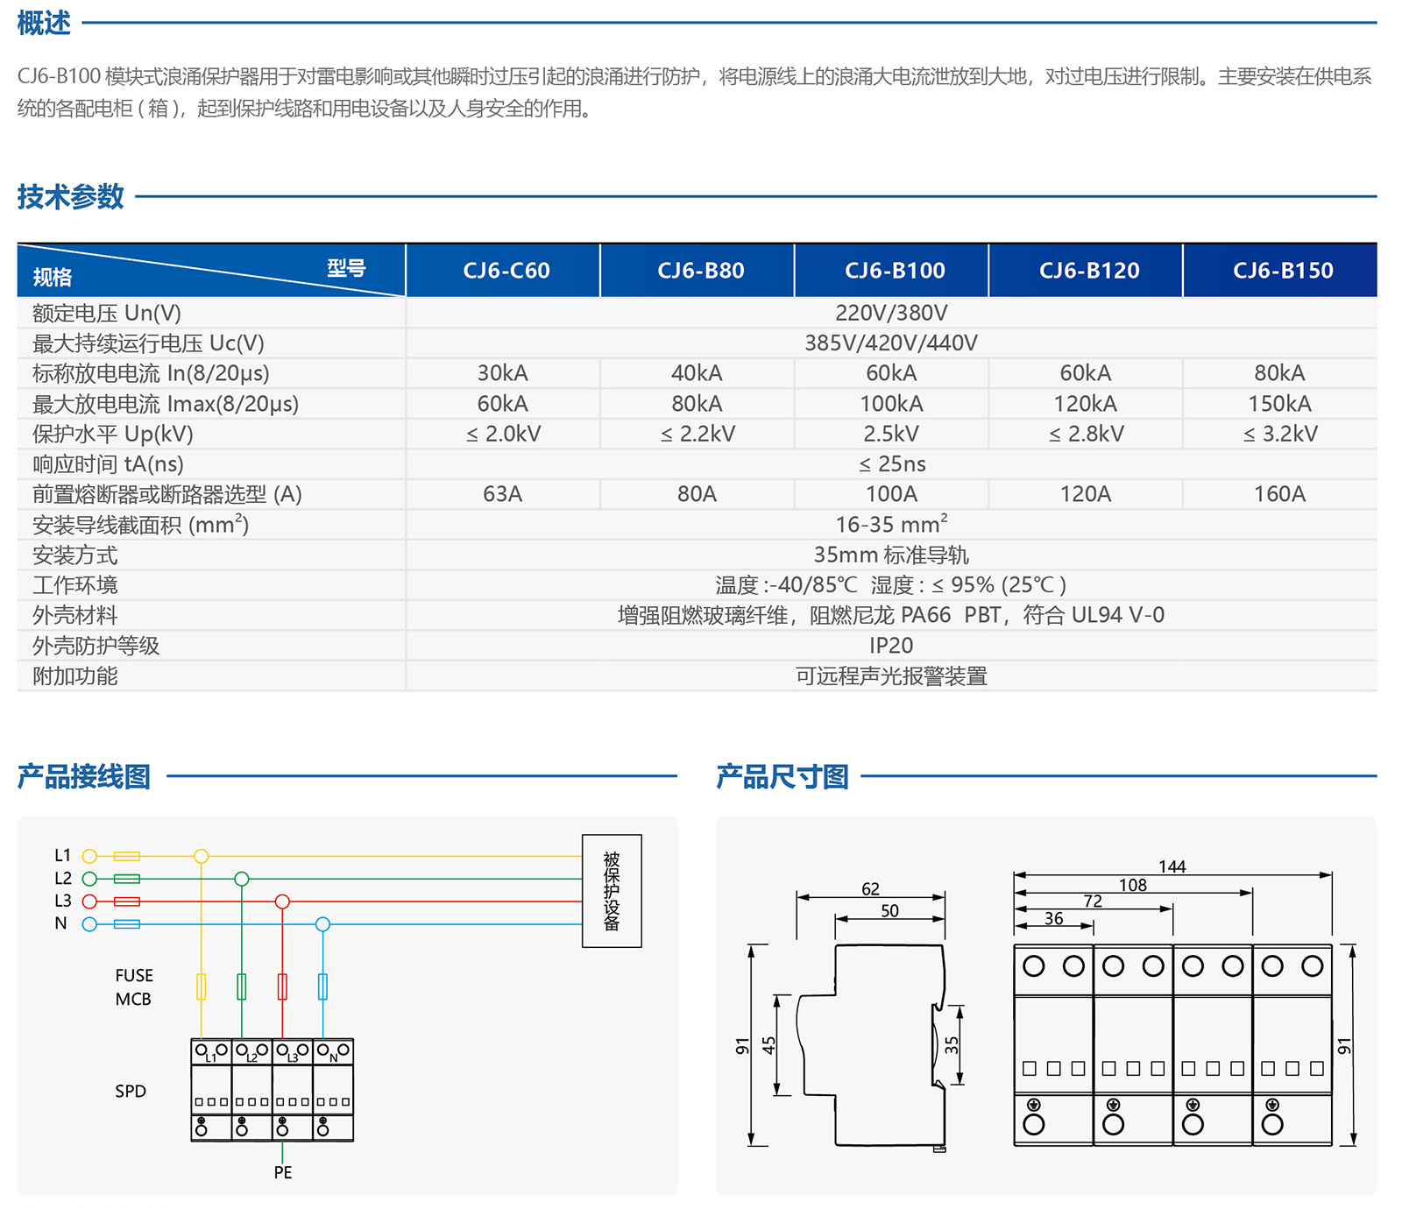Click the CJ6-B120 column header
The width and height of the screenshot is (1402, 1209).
pos(1089,271)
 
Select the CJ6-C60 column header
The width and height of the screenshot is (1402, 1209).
pos(506,271)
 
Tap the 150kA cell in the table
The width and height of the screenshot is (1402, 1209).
pos(1279,404)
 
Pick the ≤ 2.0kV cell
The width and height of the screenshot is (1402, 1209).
pos(503,434)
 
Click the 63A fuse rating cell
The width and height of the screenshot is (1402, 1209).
pos(503,494)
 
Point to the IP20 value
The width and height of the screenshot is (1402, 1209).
pos(891,646)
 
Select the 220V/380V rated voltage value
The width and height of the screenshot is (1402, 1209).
pos(891,313)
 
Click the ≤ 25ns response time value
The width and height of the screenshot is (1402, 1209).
pos(891,464)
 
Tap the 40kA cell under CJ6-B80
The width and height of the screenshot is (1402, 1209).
pos(697,373)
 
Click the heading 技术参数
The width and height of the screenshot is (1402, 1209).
pos(71,196)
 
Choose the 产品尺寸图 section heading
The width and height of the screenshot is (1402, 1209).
pos(782,776)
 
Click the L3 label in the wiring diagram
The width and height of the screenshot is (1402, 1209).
pos(63,901)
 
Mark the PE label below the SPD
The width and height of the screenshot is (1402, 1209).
pos(283,1172)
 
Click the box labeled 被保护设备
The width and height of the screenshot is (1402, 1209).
pos(612,890)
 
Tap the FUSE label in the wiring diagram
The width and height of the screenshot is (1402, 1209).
pos(134,975)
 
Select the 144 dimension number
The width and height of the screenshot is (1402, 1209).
pos(1172,866)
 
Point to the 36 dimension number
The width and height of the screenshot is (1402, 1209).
pos(1053,918)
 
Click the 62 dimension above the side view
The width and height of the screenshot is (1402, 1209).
pos(870,888)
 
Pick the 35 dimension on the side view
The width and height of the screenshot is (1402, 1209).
pos(952,1045)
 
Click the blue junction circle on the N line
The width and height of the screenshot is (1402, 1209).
pos(322,924)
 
